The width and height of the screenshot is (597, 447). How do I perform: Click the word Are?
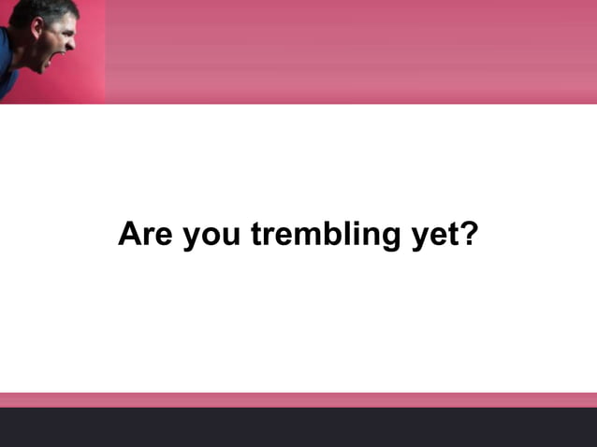pyautogui.click(x=145, y=234)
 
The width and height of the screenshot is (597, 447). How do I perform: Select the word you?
pyautogui.click(x=211, y=236)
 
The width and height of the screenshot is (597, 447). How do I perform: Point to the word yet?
pyautogui.click(x=436, y=236)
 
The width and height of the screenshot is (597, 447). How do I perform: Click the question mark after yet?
pyautogui.click(x=469, y=233)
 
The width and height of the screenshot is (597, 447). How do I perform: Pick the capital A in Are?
pyautogui.click(x=129, y=233)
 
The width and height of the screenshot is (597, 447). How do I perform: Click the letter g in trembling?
pyautogui.click(x=389, y=238)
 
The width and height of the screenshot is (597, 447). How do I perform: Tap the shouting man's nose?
pyautogui.click(x=72, y=41)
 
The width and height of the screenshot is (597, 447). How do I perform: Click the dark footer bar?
pyautogui.click(x=298, y=427)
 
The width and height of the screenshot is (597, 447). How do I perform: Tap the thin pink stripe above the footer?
pyautogui.click(x=298, y=399)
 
